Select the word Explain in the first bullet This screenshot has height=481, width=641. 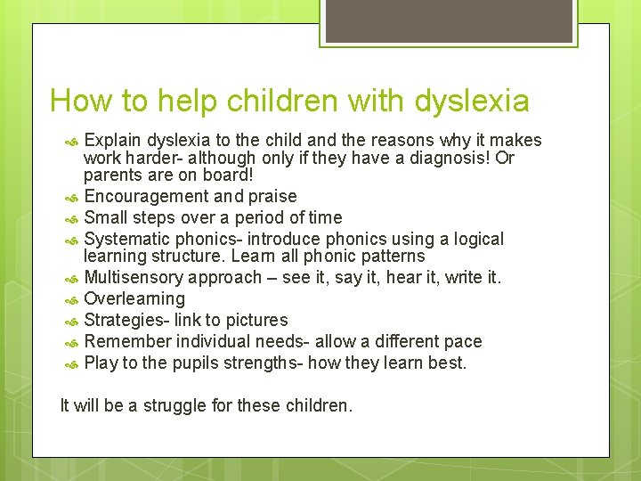click(113, 140)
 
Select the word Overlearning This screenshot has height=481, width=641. click(134, 298)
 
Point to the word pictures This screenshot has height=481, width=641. click(257, 320)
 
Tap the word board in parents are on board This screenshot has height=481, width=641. click(201, 175)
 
